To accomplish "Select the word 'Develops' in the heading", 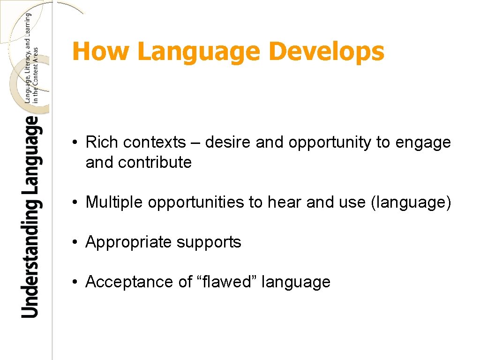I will tap(328, 52).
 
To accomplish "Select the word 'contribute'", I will tap(155, 163).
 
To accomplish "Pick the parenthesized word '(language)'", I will tap(411, 203).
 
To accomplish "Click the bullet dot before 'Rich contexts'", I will tap(75, 142).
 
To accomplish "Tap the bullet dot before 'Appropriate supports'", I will tap(75, 243).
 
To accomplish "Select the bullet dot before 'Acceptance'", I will tap(75, 283).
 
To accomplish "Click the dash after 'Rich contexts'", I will tap(195, 143).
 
